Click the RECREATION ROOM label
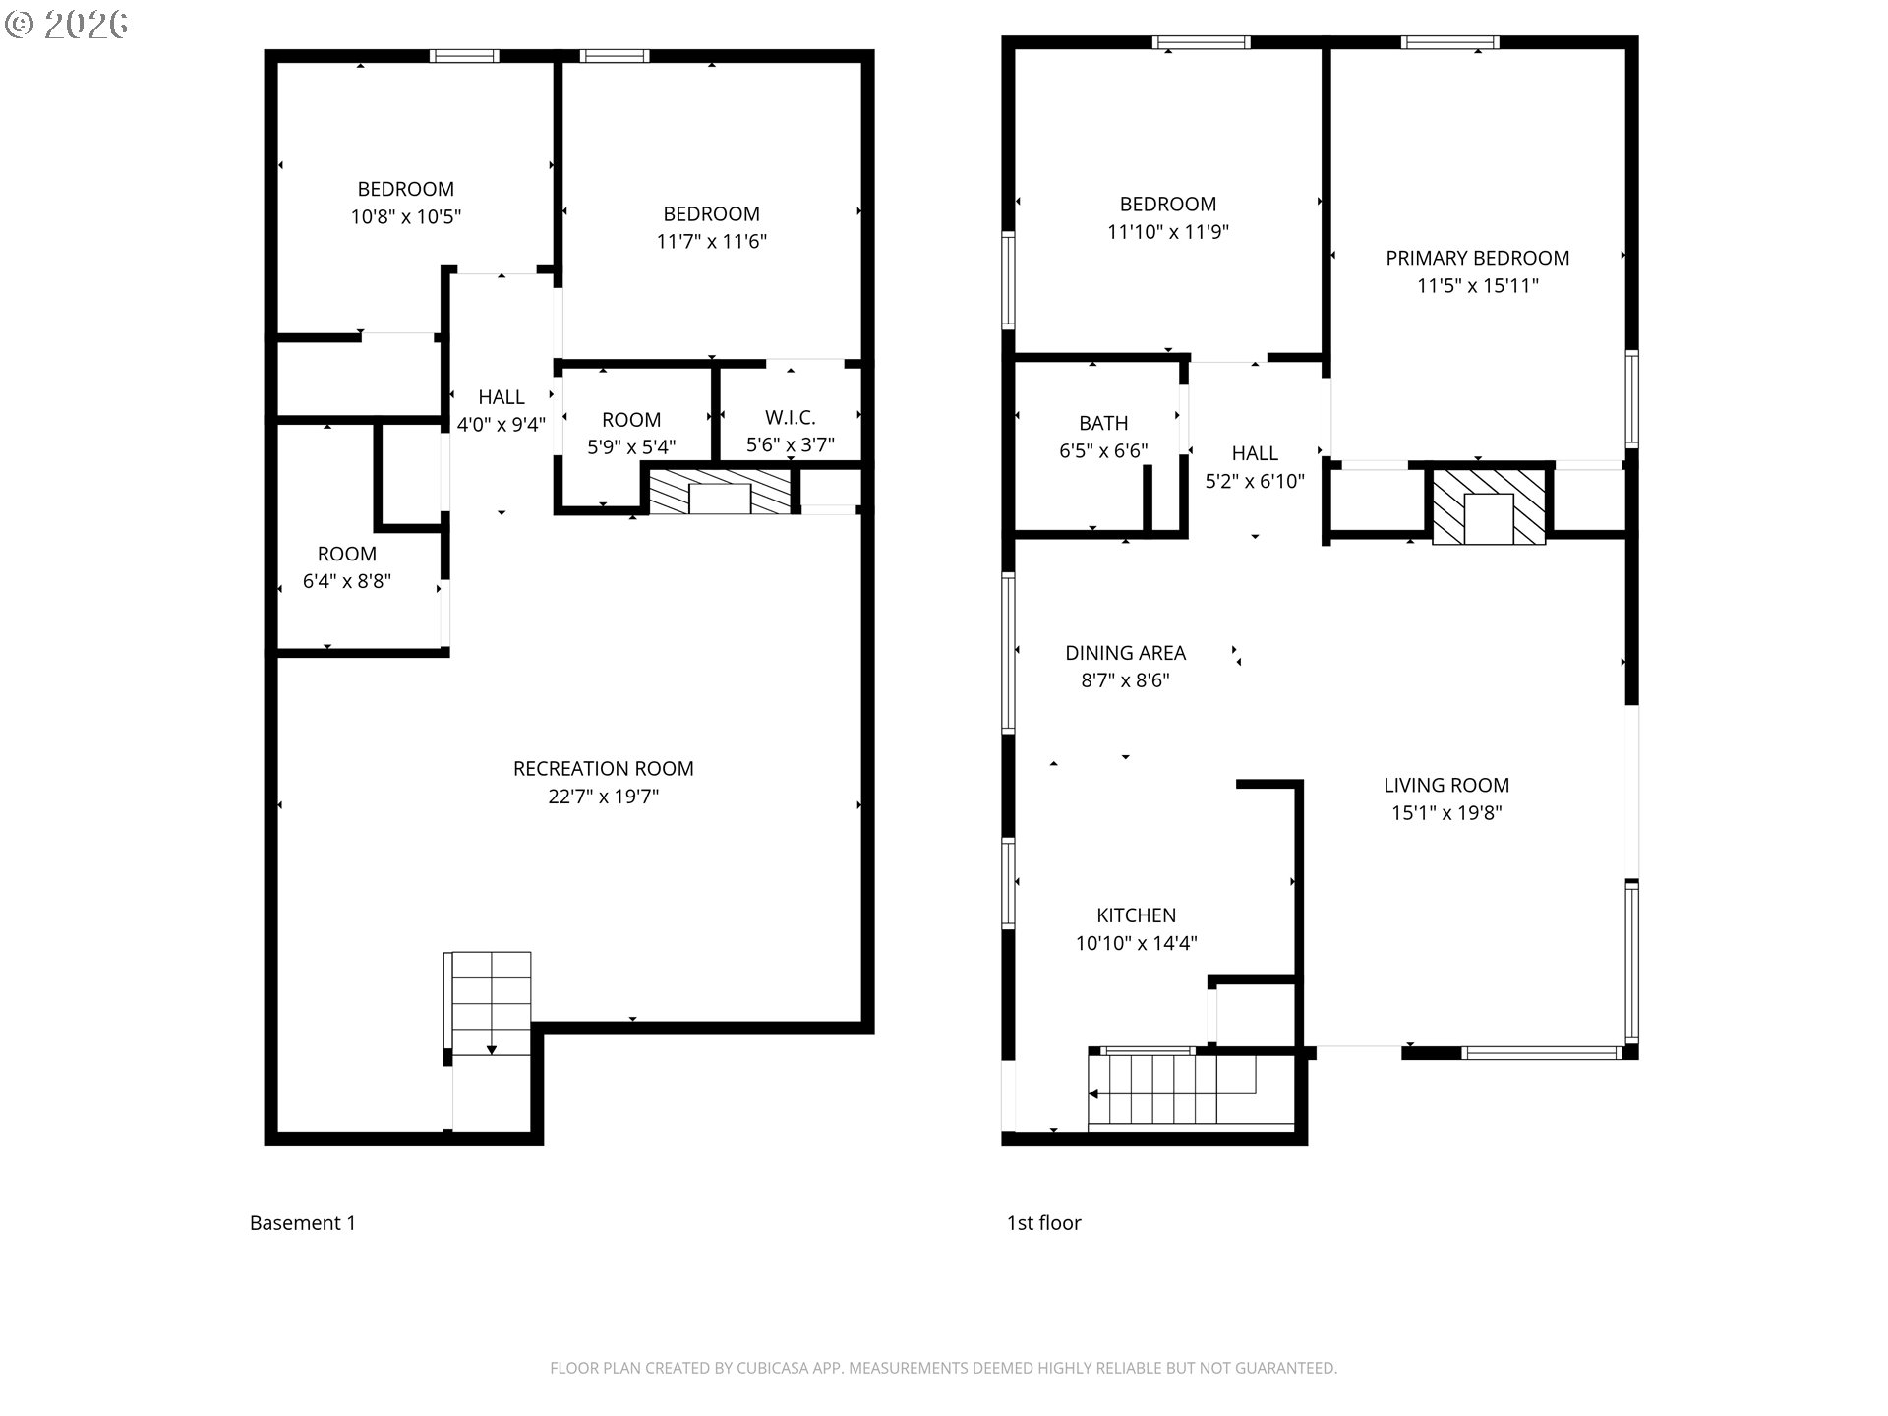click(x=603, y=768)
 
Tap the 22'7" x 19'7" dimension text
click(x=603, y=796)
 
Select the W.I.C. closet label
click(x=790, y=417)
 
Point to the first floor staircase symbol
click(x=1170, y=1090)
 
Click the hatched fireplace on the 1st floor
click(x=1488, y=506)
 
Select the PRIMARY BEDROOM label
click(x=1477, y=258)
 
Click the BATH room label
click(x=1102, y=423)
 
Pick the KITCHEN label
click(x=1136, y=915)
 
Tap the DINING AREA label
click(x=1125, y=653)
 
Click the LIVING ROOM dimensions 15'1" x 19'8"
click(x=1445, y=813)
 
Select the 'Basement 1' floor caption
click(x=302, y=1223)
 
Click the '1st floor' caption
click(x=1043, y=1223)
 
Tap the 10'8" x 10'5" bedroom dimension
click(x=405, y=216)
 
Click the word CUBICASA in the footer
click(x=773, y=1368)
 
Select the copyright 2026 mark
click(x=67, y=24)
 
